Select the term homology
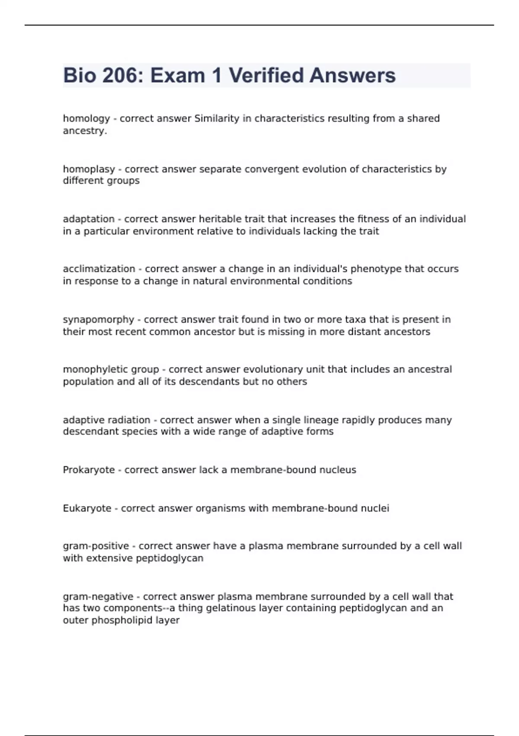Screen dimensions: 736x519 coord(86,119)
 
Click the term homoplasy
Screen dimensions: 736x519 coord(89,169)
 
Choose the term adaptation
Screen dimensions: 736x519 coord(89,219)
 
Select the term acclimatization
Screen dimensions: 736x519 coord(99,269)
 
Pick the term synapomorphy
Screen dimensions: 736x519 coord(99,320)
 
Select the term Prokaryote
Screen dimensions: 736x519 coord(89,470)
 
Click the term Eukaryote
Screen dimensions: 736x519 coord(87,508)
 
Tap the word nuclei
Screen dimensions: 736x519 coord(376,508)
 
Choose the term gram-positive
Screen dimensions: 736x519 coord(96,546)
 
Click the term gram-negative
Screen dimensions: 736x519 coord(98,597)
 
